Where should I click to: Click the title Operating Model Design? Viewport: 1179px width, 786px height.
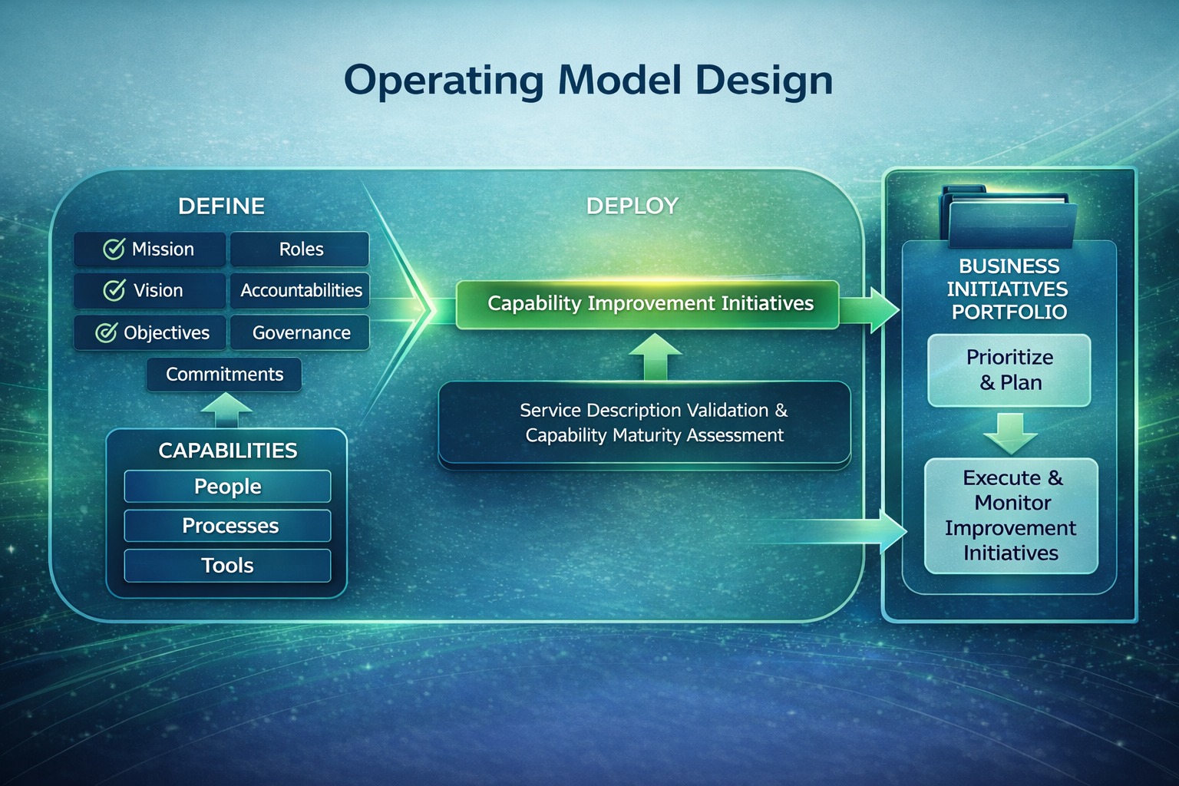pyautogui.click(x=588, y=81)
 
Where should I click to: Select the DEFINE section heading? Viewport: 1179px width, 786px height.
pyautogui.click(x=221, y=206)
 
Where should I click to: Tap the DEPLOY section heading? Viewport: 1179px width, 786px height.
pyautogui.click(x=632, y=206)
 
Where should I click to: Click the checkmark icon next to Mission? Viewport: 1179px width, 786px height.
pyautogui.click(x=114, y=249)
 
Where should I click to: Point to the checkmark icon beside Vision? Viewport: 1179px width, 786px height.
pyautogui.click(x=114, y=290)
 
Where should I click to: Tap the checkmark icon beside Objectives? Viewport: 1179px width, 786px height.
pyautogui.click(x=106, y=332)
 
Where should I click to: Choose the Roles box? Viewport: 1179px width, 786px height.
pyautogui.click(x=300, y=249)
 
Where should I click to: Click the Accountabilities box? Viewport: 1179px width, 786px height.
pyautogui.click(x=300, y=291)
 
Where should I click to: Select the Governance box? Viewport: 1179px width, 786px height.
pyautogui.click(x=300, y=333)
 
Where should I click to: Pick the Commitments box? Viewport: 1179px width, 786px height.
pyautogui.click(x=224, y=375)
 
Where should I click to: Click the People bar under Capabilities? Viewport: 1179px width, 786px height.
pyautogui.click(x=227, y=487)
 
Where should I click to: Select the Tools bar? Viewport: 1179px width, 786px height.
pyautogui.click(x=227, y=566)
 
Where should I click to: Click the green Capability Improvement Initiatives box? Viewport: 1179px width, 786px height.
pyautogui.click(x=649, y=304)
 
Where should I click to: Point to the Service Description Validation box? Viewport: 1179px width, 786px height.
pyautogui.click(x=645, y=423)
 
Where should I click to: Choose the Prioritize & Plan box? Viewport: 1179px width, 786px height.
pyautogui.click(x=1009, y=370)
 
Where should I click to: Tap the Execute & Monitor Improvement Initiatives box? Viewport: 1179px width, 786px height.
pyautogui.click(x=1011, y=516)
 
